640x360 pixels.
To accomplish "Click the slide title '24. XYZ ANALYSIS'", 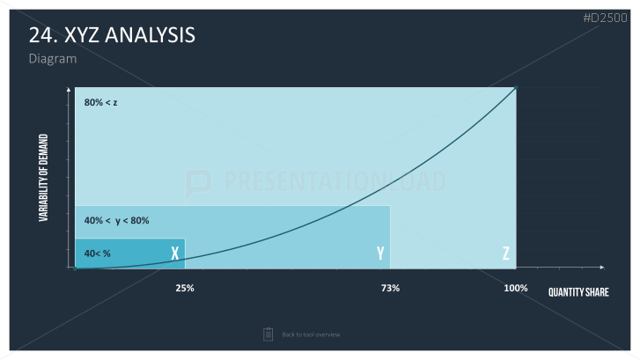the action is (x=112, y=34).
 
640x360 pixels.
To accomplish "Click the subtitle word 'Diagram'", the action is (x=53, y=59).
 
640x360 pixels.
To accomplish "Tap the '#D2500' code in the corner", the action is (x=606, y=18).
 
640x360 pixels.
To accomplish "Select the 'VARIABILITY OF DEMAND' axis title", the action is (x=43, y=178).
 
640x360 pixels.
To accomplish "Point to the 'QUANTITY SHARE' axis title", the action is (x=578, y=292).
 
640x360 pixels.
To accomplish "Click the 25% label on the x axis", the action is (x=185, y=288).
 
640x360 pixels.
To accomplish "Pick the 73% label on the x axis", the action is (x=390, y=288).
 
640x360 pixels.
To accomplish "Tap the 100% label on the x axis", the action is (x=516, y=288).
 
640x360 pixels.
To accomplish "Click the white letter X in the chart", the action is (x=175, y=253).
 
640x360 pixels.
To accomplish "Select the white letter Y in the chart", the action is (x=380, y=253).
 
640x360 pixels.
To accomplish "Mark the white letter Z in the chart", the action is (x=506, y=253).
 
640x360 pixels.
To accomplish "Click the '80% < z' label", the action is (x=101, y=102).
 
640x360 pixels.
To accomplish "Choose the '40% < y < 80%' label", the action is (x=117, y=221).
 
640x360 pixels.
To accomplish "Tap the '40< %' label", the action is (x=97, y=253).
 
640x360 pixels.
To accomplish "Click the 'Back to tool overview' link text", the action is (x=311, y=334).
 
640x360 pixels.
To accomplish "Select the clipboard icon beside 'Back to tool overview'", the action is (x=269, y=334).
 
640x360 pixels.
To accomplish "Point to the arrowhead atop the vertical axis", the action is (x=69, y=89).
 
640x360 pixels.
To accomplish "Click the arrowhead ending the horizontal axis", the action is (x=602, y=268).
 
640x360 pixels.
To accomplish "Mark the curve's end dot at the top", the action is (x=516, y=88).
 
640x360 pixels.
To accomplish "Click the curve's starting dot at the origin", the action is (x=75, y=269).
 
